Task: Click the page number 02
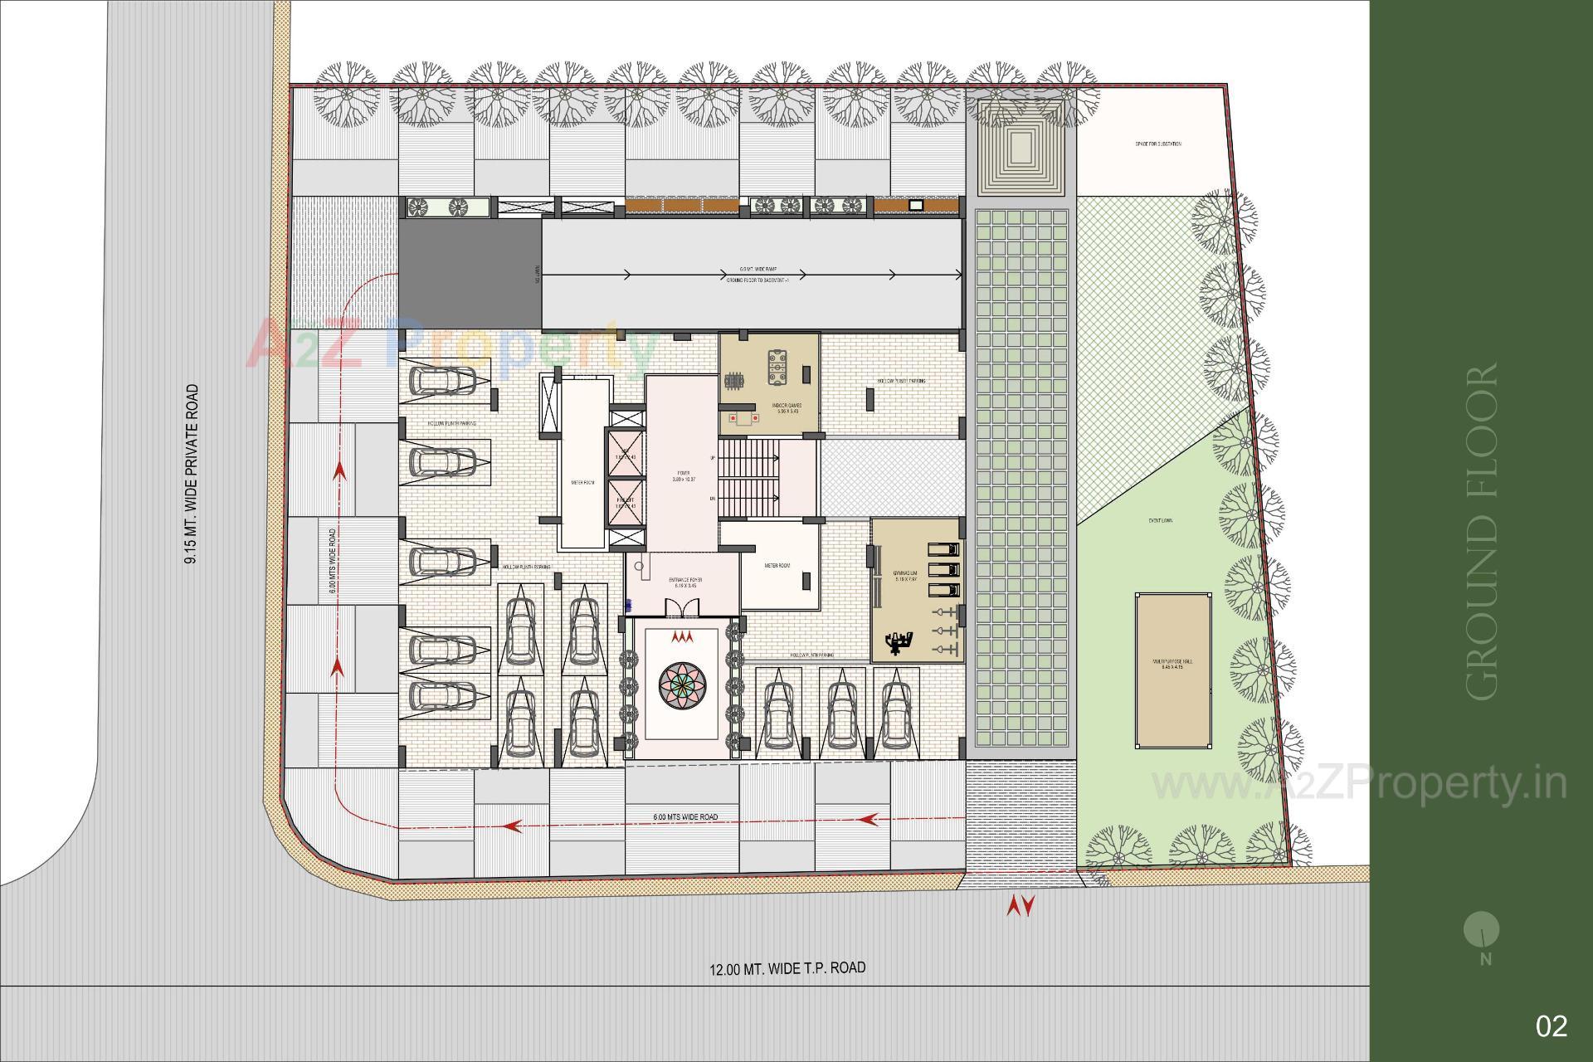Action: pyautogui.click(x=1552, y=1026)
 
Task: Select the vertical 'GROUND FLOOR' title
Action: pyautogui.click(x=1482, y=531)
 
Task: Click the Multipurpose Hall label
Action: pyautogui.click(x=1172, y=664)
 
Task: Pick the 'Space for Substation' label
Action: pyautogui.click(x=1157, y=144)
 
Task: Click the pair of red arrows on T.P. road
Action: pyautogui.click(x=1020, y=906)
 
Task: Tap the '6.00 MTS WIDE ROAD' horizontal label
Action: pyautogui.click(x=685, y=817)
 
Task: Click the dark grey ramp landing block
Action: pyautogui.click(x=470, y=275)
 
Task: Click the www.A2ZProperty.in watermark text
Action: pyautogui.click(x=1359, y=784)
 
